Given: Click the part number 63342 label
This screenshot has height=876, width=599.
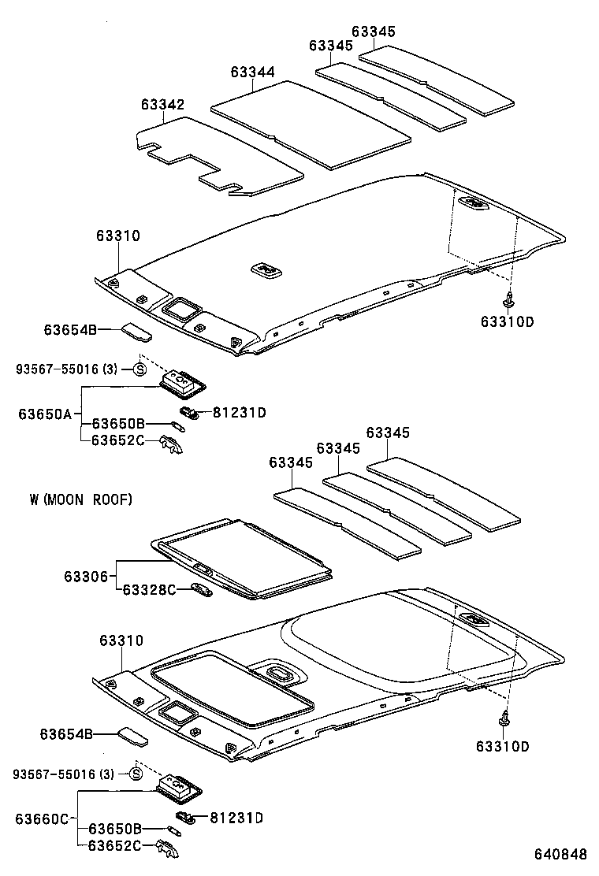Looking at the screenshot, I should pos(163,105).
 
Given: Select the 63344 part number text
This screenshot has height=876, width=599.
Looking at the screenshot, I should pos(252,72).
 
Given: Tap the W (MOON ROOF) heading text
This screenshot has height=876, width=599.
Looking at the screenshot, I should pos(80,499).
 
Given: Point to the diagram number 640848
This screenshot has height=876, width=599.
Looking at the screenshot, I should pos(560,855).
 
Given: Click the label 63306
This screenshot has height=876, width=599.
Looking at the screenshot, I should pos(86,577).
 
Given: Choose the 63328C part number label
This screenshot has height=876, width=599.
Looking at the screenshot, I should pos(148,589).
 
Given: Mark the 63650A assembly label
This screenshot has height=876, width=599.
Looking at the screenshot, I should pos(45,414).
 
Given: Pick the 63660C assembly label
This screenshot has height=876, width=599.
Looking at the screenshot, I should pos(42,818).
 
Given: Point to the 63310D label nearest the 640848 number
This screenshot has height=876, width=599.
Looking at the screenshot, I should pos(504,746).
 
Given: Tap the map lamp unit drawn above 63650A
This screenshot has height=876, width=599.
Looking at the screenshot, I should pos(183,384).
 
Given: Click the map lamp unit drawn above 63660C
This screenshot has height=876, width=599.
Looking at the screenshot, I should pos(179,786).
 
